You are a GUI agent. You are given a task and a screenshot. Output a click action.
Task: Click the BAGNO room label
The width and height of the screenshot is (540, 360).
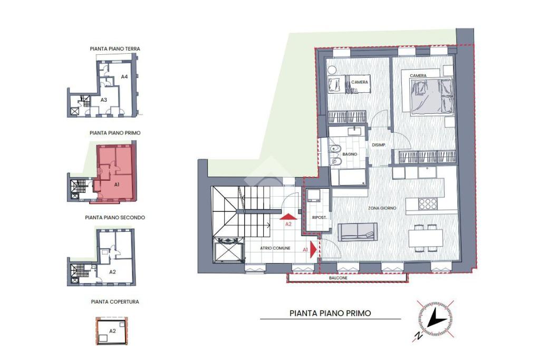pyautogui.click(x=350, y=154)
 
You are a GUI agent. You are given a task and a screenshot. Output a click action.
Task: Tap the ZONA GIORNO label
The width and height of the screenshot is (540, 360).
pyautogui.click(x=382, y=208)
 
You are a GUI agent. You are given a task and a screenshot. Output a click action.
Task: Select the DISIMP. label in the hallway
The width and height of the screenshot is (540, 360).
pyautogui.click(x=379, y=145)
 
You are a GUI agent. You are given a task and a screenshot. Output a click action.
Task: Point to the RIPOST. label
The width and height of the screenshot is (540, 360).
pyautogui.click(x=319, y=218)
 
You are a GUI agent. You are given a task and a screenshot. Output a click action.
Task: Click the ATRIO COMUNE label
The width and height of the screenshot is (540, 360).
pyautogui.click(x=275, y=248)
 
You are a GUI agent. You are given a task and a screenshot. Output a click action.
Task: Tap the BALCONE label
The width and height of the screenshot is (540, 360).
pyautogui.click(x=338, y=278)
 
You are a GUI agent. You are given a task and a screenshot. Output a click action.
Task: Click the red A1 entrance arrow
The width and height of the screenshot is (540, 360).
pyautogui.click(x=313, y=249)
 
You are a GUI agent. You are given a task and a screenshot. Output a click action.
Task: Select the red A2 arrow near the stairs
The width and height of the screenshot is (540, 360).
pyautogui.click(x=288, y=217)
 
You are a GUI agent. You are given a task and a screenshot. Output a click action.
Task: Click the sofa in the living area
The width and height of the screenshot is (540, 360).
pyautogui.click(x=358, y=232)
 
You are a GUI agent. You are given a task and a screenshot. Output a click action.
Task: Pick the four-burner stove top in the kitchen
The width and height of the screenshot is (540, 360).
pyautogui.click(x=428, y=204)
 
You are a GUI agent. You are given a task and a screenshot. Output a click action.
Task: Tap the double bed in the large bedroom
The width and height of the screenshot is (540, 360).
pyautogui.click(x=431, y=95)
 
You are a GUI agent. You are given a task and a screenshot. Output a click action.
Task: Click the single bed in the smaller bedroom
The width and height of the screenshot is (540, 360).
pyautogui.click(x=349, y=84)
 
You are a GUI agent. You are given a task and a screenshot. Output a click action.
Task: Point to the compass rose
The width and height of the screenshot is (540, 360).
pyautogui.click(x=435, y=319)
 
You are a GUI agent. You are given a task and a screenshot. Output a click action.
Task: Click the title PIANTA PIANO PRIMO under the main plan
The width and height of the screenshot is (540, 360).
pyautogui.click(x=330, y=313)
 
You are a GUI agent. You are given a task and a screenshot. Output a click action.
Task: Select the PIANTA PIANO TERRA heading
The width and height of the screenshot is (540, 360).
pyautogui.click(x=115, y=49)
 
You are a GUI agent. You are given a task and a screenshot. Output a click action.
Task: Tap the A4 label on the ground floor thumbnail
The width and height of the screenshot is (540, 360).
pyautogui.click(x=124, y=77)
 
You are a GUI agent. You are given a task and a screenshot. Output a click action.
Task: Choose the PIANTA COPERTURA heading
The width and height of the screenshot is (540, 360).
pyautogui.click(x=115, y=302)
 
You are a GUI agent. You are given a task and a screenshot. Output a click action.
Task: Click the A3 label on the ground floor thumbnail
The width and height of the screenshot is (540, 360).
pyautogui.click(x=104, y=100)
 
